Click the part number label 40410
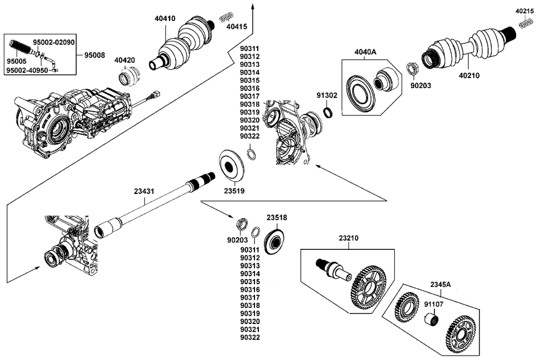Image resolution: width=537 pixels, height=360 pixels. coord(165,18)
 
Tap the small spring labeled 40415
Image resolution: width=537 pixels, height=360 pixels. coord(226,17)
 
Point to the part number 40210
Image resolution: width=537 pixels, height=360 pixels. coord(469,75)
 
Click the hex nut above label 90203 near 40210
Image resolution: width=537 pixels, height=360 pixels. coord(412,68)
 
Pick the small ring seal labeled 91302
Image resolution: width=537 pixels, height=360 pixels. coord(328,112)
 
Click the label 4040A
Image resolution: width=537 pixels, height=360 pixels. coord(365,52)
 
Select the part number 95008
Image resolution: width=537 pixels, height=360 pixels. coord(95,55)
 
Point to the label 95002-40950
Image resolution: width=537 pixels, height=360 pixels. coord(27,70)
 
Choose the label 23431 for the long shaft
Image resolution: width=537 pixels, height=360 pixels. coord(144,191)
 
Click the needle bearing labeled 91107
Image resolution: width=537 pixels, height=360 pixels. coord(432,319)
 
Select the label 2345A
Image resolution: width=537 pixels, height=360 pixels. coord(441,284)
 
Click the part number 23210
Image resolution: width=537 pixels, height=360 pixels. coord(349,238)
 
